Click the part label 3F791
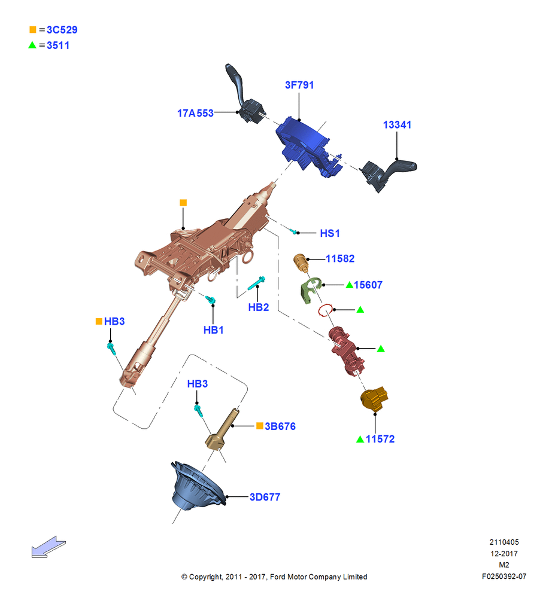(299, 85)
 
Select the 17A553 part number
(195, 113)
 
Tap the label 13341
(397, 125)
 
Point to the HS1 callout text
(330, 233)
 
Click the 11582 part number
(340, 258)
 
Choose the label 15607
(368, 285)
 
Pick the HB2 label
(259, 307)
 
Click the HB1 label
(214, 330)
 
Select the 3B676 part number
(280, 426)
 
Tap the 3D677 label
(265, 497)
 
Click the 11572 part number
(380, 439)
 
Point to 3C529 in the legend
(62, 30)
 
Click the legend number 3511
(58, 45)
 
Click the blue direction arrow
(48, 547)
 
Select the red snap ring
(326, 310)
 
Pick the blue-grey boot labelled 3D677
(196, 486)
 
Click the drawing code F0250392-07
(504, 576)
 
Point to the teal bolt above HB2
(256, 283)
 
